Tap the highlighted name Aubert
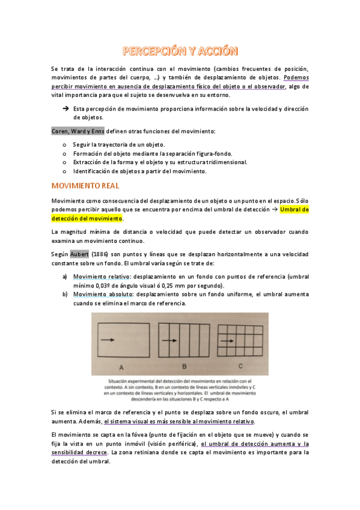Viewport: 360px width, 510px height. [79, 254]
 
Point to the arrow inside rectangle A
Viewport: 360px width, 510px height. [109, 340]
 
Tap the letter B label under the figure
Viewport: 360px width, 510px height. [184, 366]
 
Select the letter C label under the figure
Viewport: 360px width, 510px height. [240, 366]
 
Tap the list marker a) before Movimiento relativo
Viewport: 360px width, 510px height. [64, 277]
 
